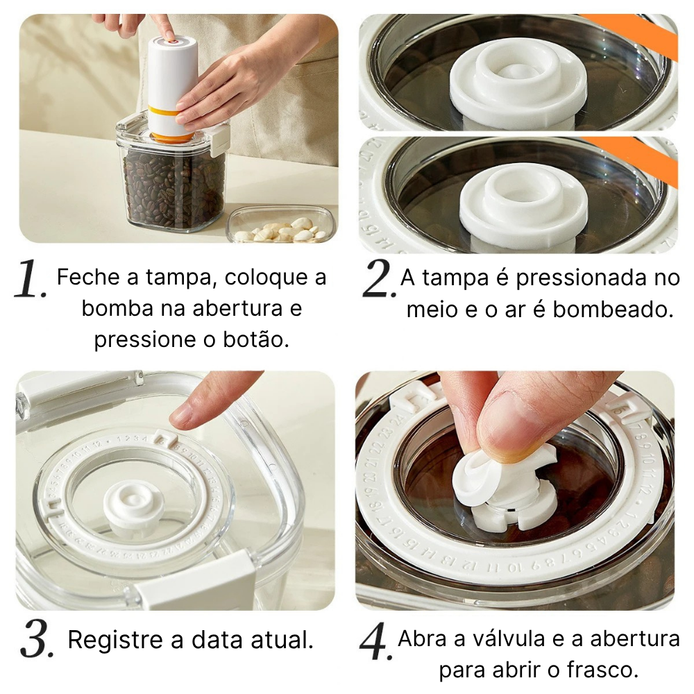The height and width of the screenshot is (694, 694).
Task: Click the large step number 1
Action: pos(30,281)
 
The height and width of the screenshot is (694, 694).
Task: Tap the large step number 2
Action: pos(379,281)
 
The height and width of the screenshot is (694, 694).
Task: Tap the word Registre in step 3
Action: pos(113,639)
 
